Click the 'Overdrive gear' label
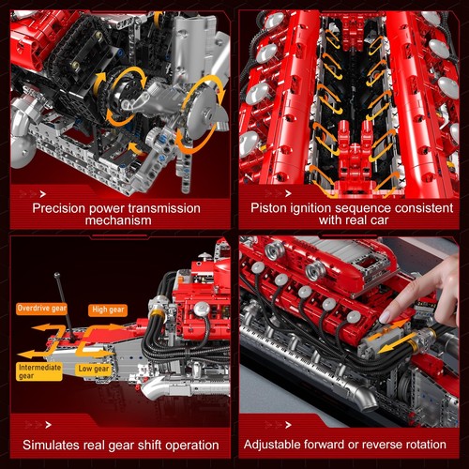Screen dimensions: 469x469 coord(39,308)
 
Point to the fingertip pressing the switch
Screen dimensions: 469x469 coord(386,317)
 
